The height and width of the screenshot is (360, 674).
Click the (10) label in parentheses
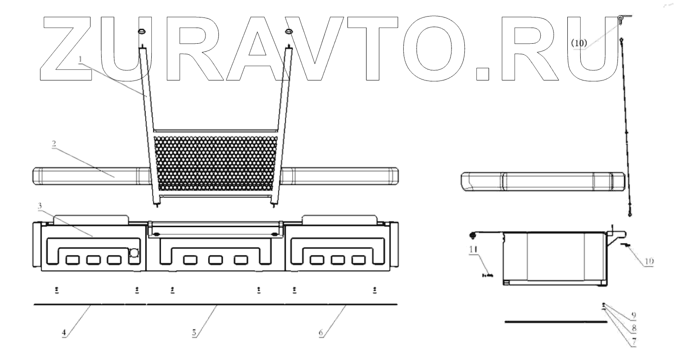[579, 43]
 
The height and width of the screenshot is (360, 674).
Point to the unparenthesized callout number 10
[649, 261]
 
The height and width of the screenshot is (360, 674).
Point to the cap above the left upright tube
[141, 31]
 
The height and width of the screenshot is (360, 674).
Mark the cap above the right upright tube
[289, 31]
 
